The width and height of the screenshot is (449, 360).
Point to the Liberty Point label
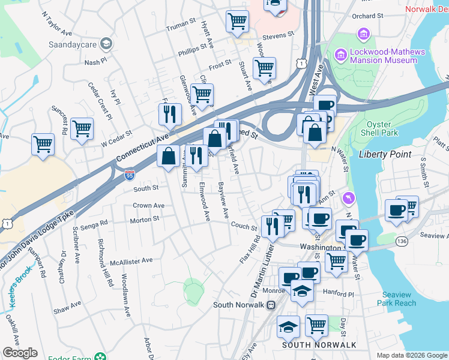tap(385, 154)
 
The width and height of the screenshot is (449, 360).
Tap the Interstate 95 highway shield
tap(130, 175)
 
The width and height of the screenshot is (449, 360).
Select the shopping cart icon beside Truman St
tap(237, 22)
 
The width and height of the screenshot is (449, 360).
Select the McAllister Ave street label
tap(131, 262)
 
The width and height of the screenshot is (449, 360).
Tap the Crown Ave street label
tap(148, 205)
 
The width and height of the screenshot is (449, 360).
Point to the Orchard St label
tap(368, 16)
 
